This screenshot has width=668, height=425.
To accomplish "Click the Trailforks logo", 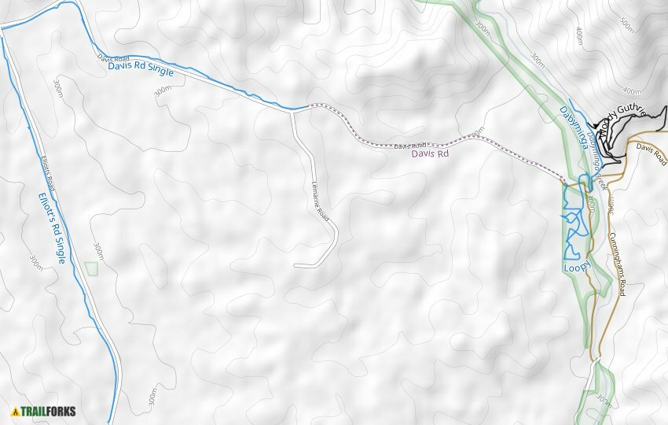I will point(44,411).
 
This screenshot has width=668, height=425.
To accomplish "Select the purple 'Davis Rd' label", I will point(431,154).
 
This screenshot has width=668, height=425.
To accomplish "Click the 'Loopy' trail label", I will point(575,268).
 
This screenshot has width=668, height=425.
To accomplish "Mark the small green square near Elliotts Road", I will point(91,268).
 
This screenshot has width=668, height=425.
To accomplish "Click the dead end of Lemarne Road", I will point(295,266).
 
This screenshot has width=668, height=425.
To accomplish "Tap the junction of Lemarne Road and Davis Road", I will point(292,112).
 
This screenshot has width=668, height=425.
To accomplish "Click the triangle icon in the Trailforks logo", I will point(15,411).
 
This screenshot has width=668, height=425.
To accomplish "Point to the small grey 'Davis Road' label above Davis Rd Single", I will point(112,58).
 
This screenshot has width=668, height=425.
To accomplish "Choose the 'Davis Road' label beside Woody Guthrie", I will point(651,153).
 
